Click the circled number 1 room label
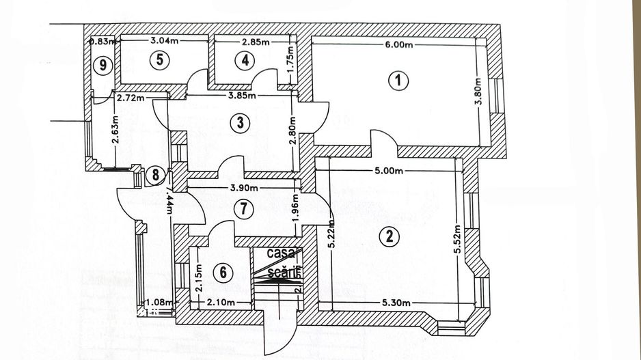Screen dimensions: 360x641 coord(398,81)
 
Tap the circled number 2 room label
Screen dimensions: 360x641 coord(390,237)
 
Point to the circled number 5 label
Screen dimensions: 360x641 coord(159,59)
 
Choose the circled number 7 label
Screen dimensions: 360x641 coord(238,208)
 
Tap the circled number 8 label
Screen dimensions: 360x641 coord(156,175)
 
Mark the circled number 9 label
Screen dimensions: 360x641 coord(103,65)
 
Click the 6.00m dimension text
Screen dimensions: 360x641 coord(400,45)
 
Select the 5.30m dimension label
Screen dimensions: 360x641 coord(397,303)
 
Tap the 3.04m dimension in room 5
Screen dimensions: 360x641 coord(164,41)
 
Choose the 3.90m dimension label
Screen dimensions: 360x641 coord(243,188)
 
